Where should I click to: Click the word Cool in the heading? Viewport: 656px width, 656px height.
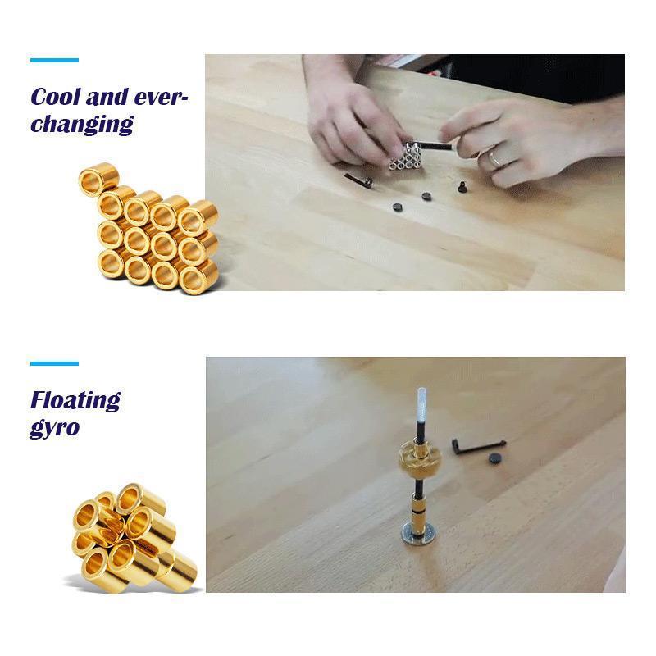55,97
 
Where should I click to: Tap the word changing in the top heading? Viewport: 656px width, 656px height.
82,125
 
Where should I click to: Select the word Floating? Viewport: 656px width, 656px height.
75,401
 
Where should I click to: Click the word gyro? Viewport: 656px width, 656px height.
54,427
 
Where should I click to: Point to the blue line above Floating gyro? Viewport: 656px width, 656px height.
54,363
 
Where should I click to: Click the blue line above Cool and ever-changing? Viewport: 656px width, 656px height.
54,60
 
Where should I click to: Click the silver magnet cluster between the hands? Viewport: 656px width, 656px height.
404,157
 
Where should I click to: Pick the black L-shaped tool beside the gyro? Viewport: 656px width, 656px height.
476,447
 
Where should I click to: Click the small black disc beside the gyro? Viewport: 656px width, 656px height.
497,458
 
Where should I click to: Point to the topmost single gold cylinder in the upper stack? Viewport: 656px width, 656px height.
98,179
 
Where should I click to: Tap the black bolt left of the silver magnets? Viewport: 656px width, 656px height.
358,180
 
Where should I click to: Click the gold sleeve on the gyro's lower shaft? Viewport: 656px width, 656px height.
419,509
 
